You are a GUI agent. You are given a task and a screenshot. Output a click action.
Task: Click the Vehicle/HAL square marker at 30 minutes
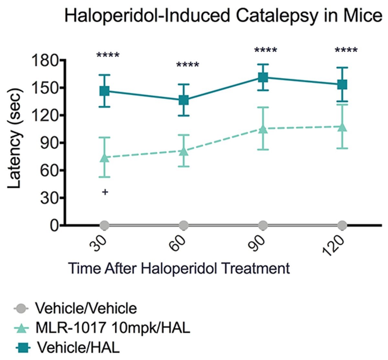click(x=104, y=91)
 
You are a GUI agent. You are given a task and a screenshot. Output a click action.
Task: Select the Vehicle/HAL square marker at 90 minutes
click(x=263, y=77)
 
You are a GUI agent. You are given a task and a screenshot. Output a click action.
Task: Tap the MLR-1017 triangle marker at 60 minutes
click(x=184, y=151)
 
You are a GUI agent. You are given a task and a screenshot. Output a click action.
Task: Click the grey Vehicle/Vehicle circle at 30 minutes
click(x=104, y=225)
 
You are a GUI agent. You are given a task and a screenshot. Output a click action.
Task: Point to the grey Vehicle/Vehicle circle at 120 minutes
click(x=342, y=225)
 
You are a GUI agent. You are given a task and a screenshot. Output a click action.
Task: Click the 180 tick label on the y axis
click(x=45, y=61)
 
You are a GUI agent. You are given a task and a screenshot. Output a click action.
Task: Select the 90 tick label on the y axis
click(x=49, y=143)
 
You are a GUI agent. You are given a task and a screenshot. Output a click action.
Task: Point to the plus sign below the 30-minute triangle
click(x=105, y=192)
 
